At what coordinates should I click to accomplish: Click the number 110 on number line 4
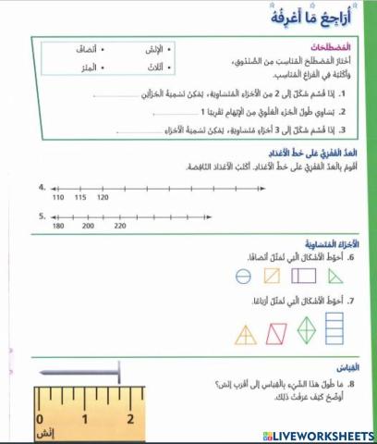pos(58,197)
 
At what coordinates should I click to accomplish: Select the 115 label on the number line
pos(80,197)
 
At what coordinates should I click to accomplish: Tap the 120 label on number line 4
pos(103,197)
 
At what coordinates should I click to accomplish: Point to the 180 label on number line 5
pos(58,225)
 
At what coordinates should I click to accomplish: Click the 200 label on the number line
pos(88,225)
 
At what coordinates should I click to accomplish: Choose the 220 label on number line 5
pos(120,225)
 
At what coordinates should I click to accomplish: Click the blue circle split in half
pos(242,276)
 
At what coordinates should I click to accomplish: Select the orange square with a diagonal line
pos(272,276)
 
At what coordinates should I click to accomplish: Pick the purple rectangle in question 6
pos(304,276)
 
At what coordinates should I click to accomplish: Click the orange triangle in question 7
pos(247,334)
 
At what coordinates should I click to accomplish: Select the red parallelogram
pos(276,334)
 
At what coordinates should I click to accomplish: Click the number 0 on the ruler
pos(38,418)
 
